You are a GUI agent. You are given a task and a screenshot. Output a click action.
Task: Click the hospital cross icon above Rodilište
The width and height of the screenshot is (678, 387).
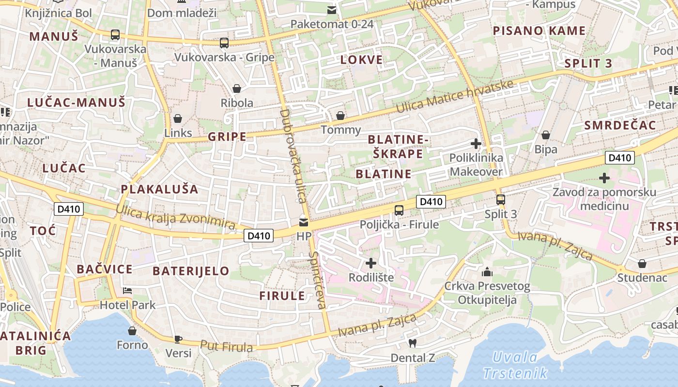point(371,263)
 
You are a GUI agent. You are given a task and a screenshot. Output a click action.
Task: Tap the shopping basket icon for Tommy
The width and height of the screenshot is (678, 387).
point(340,116)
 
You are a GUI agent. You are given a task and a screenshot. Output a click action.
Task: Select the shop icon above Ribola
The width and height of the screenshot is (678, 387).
point(237,89)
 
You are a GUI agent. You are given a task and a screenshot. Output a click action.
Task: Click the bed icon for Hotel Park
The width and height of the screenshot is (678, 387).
point(127,290)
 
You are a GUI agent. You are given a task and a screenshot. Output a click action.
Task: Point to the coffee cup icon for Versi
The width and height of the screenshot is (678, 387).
point(178,339)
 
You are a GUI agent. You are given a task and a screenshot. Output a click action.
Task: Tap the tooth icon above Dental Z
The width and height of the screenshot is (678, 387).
point(413,343)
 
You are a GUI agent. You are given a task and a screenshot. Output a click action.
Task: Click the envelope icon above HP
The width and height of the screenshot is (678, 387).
point(304,222)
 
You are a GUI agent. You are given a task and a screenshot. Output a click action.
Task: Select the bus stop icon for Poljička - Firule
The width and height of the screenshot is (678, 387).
point(399,210)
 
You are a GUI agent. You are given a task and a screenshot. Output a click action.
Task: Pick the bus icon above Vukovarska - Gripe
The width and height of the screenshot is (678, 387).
point(224,43)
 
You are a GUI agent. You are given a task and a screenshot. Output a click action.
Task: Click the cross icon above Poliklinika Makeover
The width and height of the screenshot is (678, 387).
point(476,143)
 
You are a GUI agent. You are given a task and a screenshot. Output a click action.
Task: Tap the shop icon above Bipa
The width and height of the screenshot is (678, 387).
point(546,135)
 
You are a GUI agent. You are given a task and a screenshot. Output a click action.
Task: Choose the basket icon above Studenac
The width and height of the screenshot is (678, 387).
point(642,264)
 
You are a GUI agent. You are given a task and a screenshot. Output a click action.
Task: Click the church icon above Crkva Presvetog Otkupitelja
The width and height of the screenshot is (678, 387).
point(487,272)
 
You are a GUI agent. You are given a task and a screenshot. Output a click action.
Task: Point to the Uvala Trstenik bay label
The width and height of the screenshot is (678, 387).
point(515,365)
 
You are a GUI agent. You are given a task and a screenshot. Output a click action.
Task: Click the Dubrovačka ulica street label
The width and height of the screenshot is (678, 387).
point(293,156)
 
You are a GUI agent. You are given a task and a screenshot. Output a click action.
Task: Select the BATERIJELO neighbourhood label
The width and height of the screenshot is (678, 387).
point(191,271)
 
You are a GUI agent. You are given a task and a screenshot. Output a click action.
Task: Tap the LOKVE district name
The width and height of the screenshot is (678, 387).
point(361,60)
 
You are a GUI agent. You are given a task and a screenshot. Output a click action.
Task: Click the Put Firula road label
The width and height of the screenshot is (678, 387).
point(226,346)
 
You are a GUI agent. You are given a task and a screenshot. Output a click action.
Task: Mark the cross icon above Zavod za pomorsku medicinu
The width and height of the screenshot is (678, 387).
point(604,178)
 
